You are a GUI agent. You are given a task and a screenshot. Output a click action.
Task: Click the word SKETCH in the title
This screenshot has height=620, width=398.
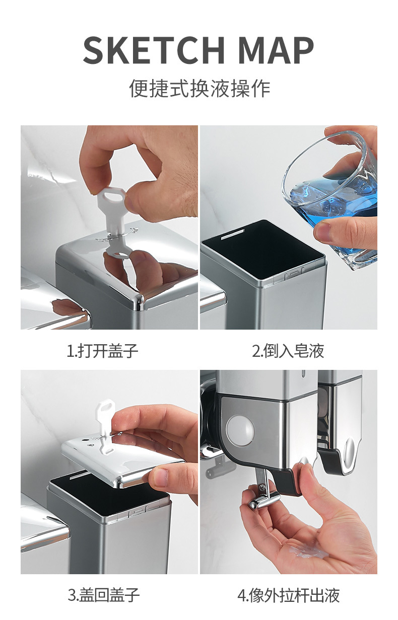(x=154, y=51)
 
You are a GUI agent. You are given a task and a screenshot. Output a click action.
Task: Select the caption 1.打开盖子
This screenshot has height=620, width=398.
(x=103, y=351)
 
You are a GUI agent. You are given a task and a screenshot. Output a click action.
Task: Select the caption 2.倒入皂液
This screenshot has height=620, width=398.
(x=288, y=351)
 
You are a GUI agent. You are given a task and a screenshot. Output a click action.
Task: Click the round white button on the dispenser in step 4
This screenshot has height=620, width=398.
(x=240, y=430)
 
